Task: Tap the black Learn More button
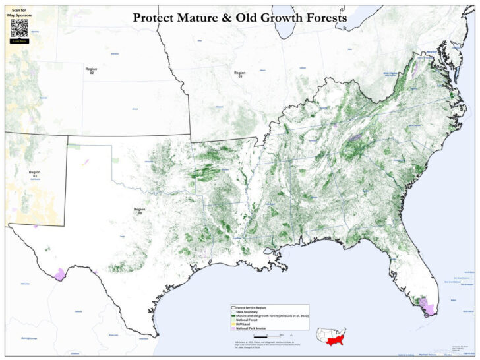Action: [x=19, y=41]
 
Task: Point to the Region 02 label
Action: [x=92, y=69]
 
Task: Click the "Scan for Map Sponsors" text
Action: [x=19, y=12]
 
